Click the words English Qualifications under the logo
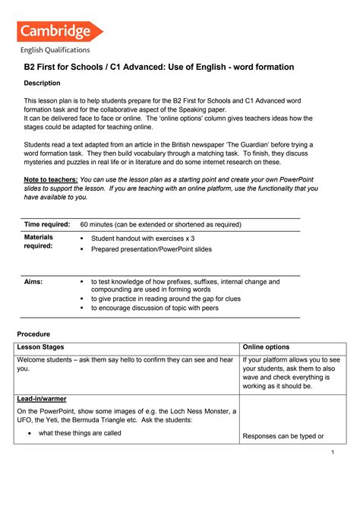point(55,50)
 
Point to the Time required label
point(47,224)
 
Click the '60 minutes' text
point(102,224)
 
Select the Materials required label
point(39,242)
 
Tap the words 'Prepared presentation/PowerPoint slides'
point(151,248)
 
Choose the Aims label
point(33,281)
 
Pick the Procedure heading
point(33,334)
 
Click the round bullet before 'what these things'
point(28,434)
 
